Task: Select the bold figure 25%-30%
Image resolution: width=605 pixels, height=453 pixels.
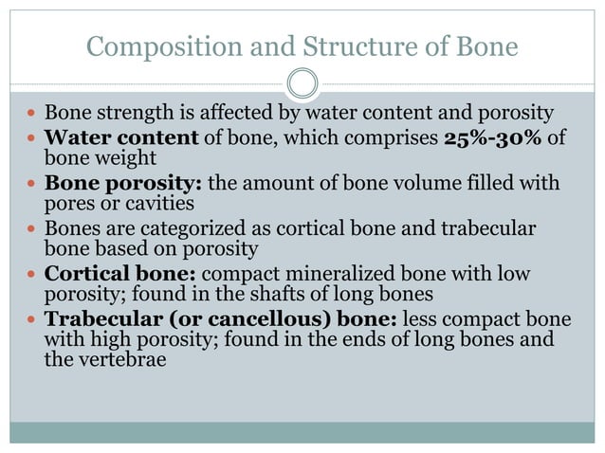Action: [x=494, y=138]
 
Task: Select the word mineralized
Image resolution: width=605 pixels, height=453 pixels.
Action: [x=339, y=273]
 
